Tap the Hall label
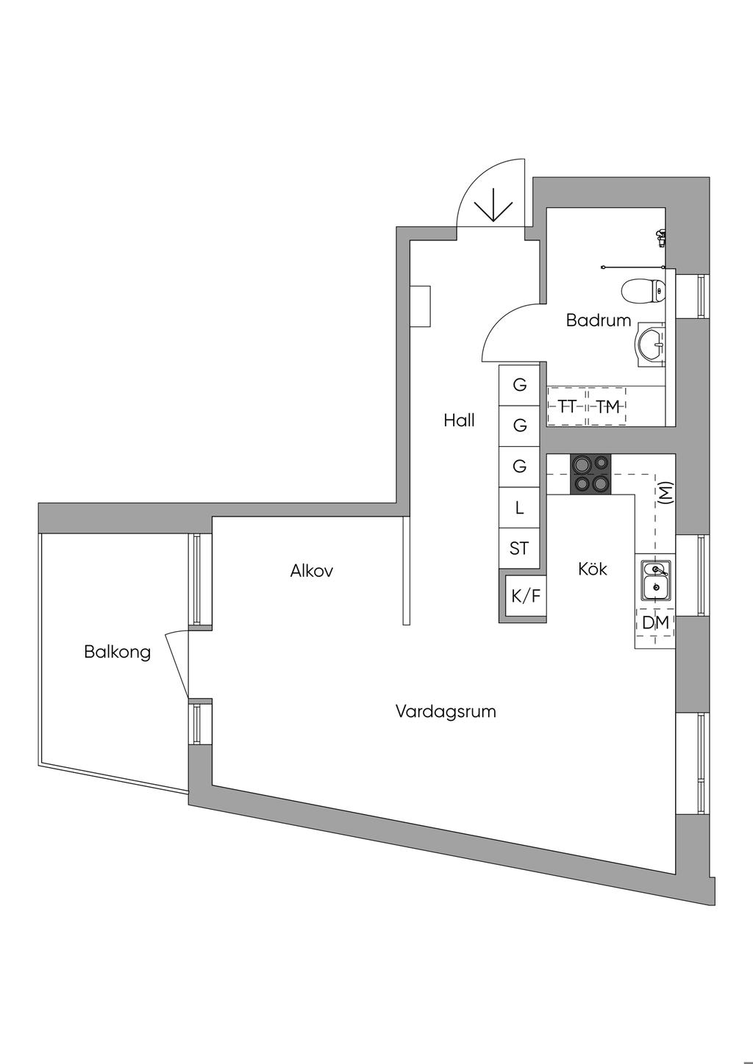tap(459, 420)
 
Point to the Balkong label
tap(118, 652)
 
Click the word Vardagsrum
tap(446, 711)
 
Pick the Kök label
tap(592, 569)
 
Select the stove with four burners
tap(591, 473)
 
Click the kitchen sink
tap(656, 580)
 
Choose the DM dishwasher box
tap(655, 622)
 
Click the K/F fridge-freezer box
tap(525, 596)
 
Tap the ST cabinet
tap(518, 549)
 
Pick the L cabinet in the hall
tap(518, 508)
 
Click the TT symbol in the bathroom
tap(567, 406)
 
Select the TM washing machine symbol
tap(607, 406)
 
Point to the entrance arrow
tap(494, 205)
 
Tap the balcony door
tap(177, 665)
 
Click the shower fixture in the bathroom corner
tap(660, 237)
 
